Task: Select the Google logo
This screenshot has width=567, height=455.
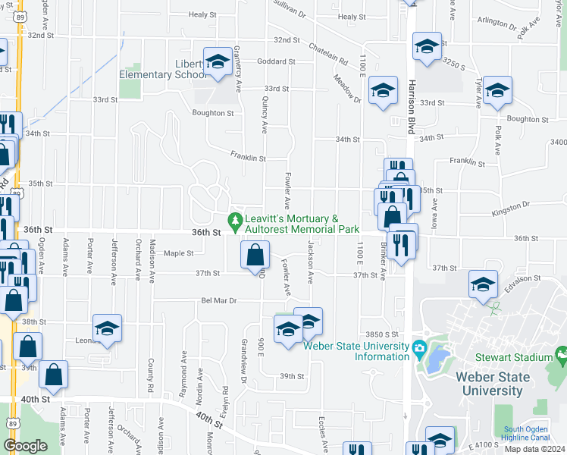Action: coord(25,446)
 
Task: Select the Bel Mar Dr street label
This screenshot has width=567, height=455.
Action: coord(219,301)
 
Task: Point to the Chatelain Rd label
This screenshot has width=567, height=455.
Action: coord(328,52)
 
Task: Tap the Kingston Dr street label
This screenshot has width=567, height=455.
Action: coord(510,206)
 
